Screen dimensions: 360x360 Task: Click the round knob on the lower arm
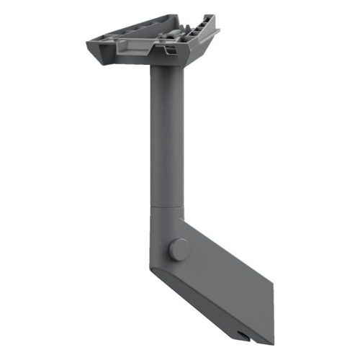point(180,249)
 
